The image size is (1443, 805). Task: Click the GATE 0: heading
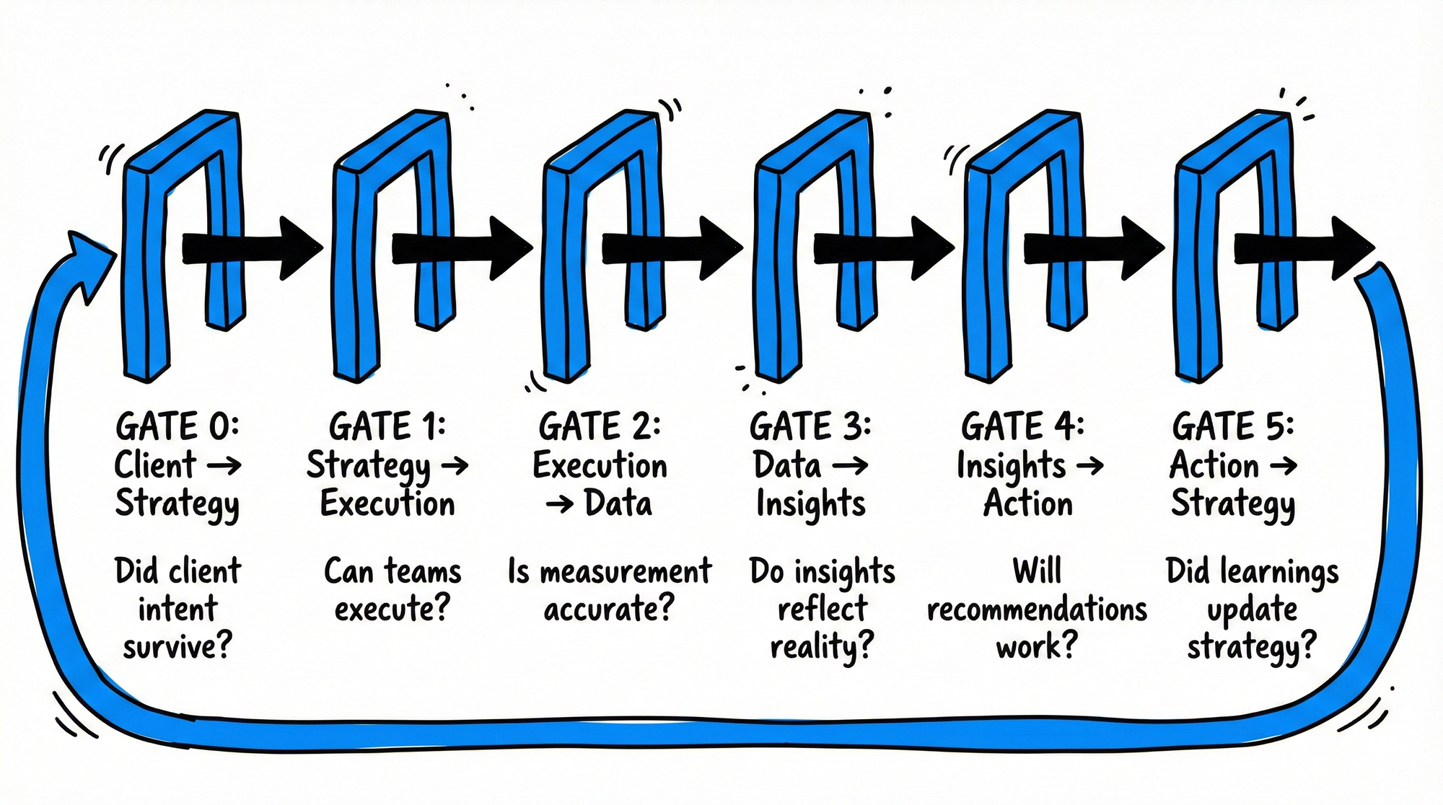(177, 426)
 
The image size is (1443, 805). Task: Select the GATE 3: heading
(810, 426)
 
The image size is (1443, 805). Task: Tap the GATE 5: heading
(1233, 426)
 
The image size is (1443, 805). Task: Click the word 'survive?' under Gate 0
(177, 646)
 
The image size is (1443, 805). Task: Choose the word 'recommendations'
(1037, 610)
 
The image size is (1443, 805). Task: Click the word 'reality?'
(822, 646)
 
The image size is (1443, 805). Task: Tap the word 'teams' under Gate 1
(422, 572)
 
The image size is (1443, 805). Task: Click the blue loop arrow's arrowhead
(90, 263)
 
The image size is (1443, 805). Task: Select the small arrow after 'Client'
(224, 466)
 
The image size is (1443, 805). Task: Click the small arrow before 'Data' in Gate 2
(560, 504)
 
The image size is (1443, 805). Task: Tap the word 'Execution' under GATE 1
(387, 503)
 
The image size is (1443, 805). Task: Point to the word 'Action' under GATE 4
(1027, 503)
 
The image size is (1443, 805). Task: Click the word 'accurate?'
(608, 610)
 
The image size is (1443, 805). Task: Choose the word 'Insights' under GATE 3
(810, 503)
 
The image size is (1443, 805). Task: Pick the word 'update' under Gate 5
(1252, 610)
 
